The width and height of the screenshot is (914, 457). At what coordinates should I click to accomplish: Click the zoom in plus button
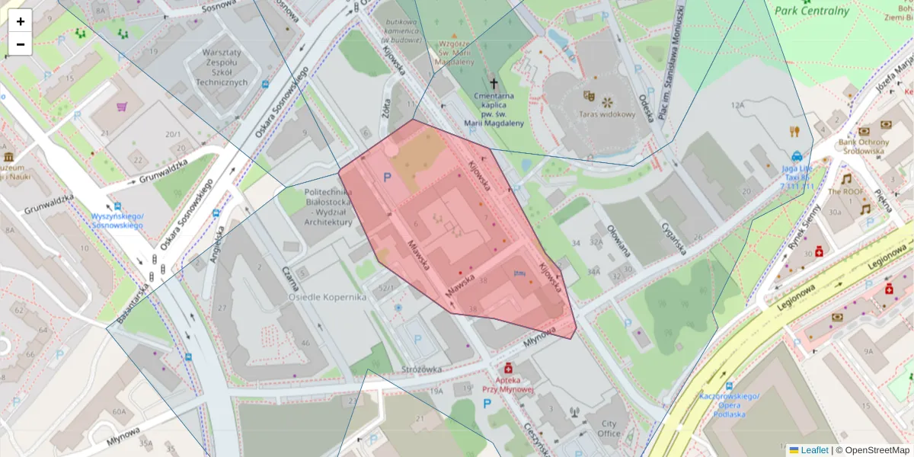21,21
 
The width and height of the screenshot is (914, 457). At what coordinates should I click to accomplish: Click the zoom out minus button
21,44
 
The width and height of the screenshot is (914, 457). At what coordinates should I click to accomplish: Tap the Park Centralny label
811,11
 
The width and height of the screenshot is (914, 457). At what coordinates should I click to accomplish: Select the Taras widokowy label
607,115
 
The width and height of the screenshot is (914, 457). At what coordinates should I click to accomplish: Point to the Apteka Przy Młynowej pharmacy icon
508,368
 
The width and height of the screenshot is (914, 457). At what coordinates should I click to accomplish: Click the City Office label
609,429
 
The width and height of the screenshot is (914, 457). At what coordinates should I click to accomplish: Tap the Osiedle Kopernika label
327,297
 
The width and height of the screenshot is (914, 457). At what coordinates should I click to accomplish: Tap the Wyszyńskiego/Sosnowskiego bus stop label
117,220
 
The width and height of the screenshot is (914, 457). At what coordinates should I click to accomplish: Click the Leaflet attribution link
813,450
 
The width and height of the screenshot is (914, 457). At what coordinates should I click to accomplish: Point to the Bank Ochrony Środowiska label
864,146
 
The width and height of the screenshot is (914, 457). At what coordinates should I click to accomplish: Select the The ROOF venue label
845,192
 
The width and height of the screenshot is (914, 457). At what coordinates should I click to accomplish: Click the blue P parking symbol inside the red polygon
387,177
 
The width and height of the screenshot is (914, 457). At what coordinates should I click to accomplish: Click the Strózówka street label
421,370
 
